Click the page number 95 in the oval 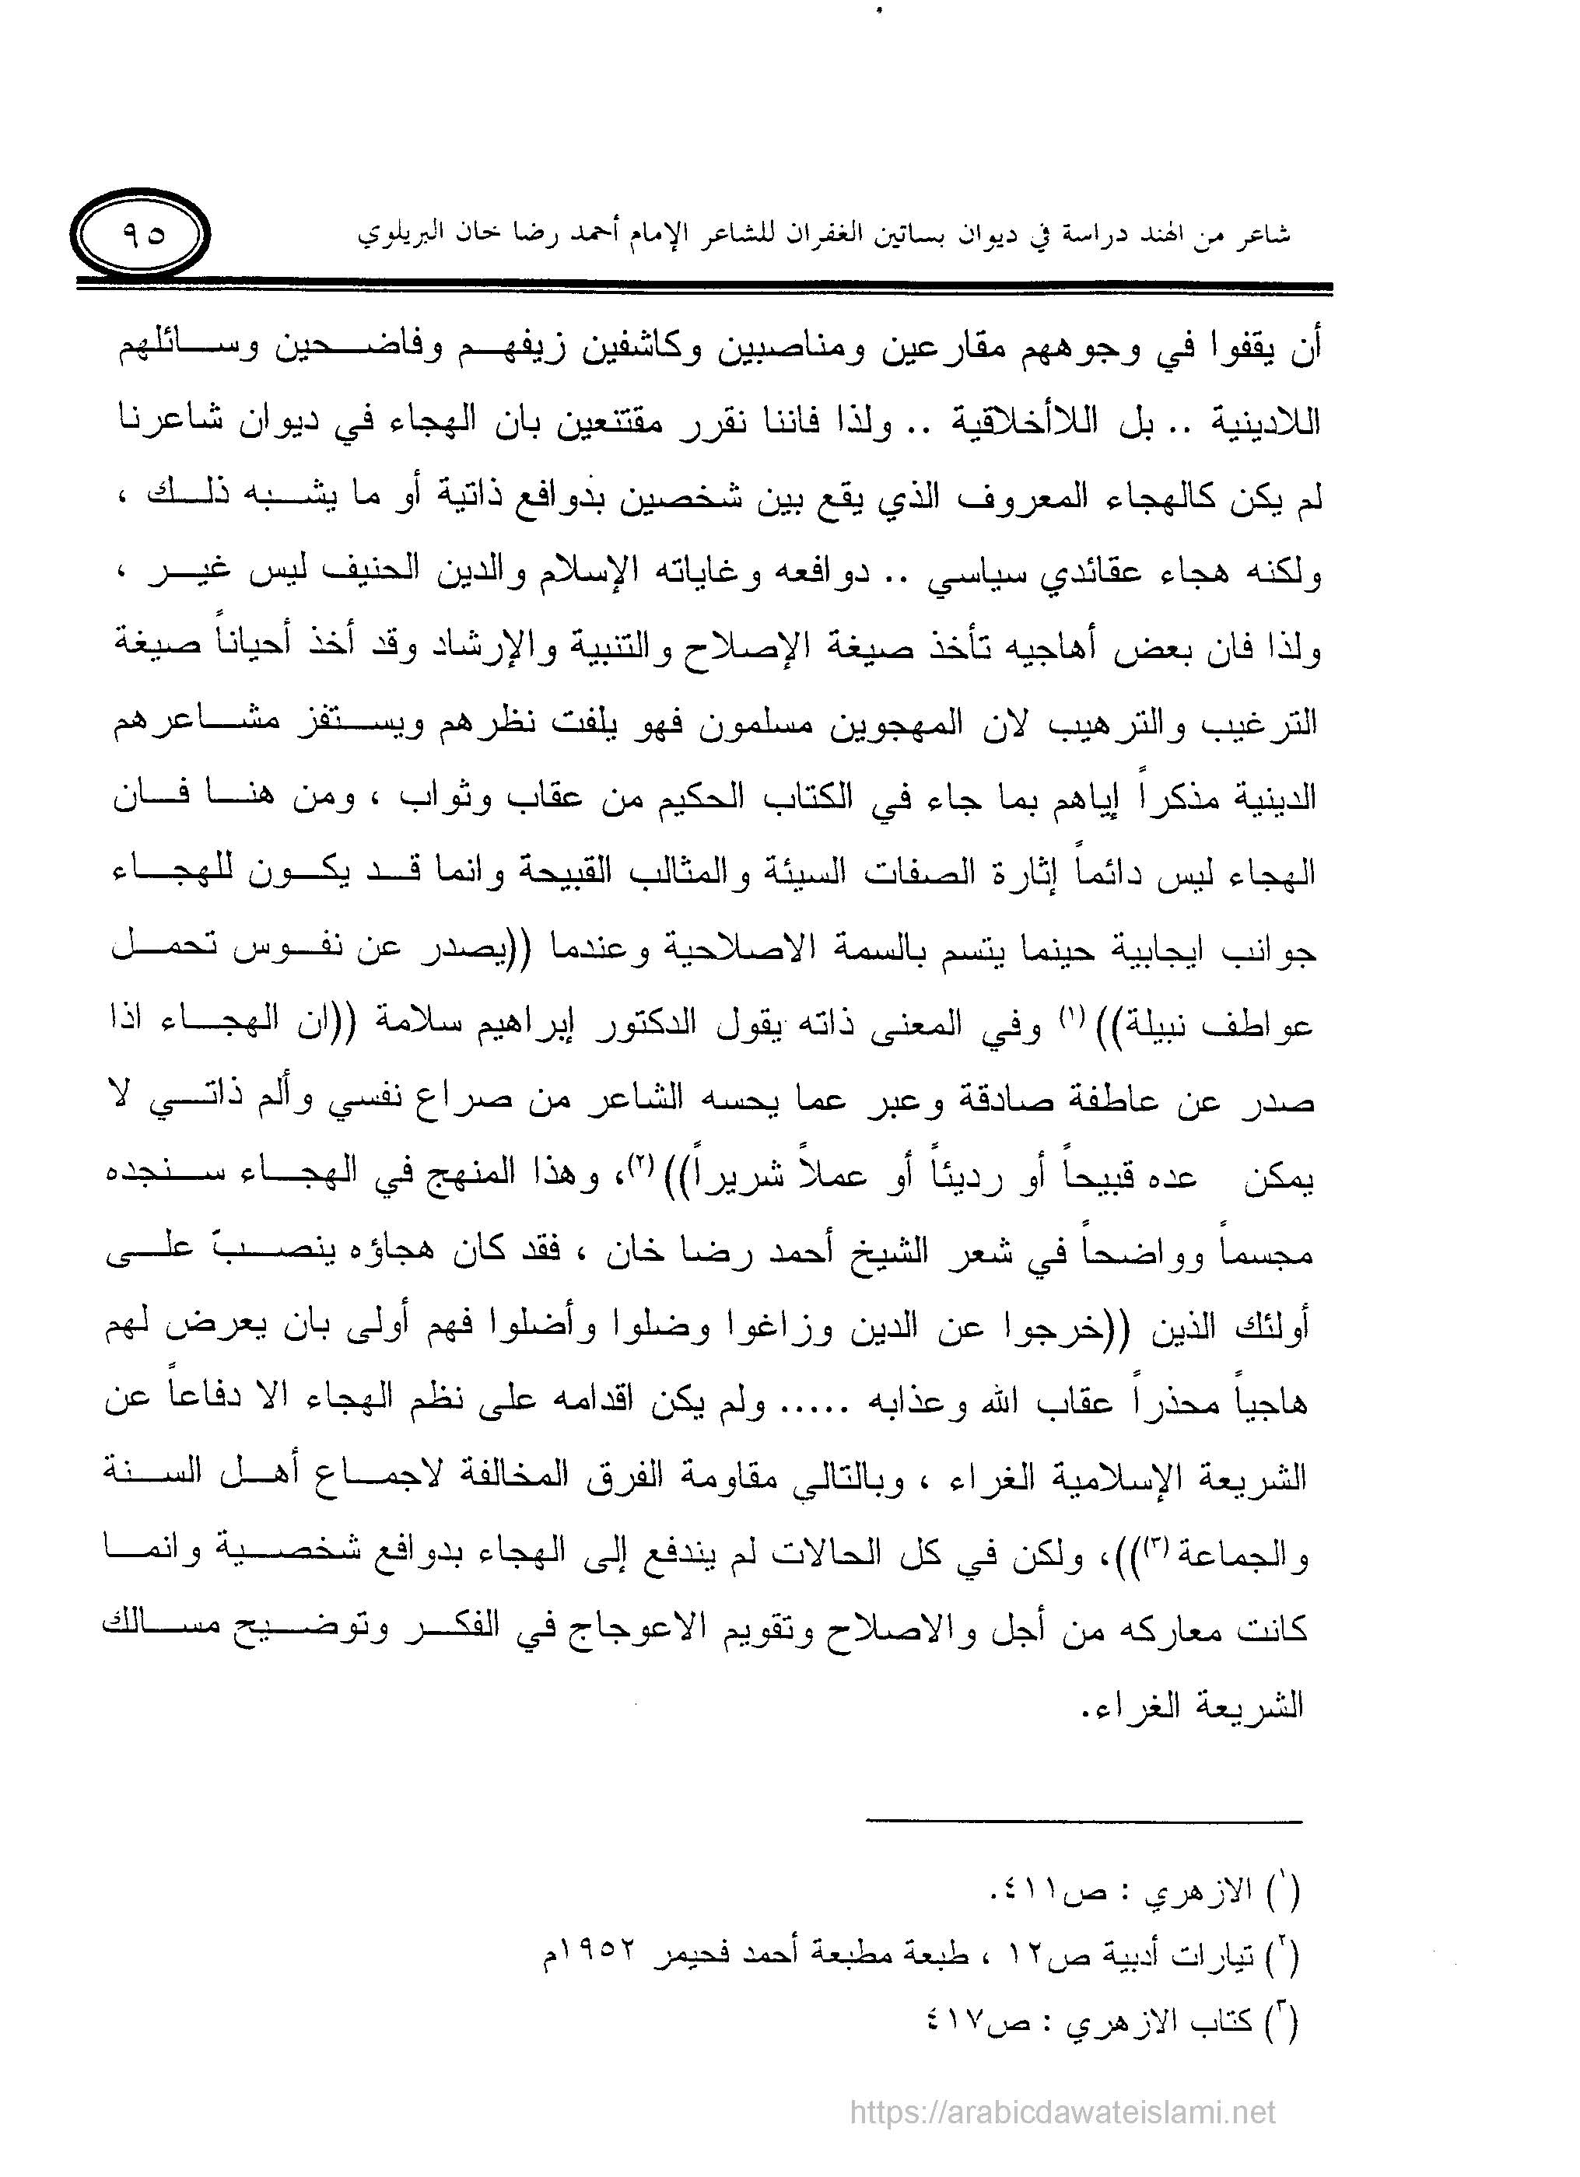[x=143, y=233]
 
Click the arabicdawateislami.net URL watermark [x=1063, y=2111]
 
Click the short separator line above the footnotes [x=1084, y=1821]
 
